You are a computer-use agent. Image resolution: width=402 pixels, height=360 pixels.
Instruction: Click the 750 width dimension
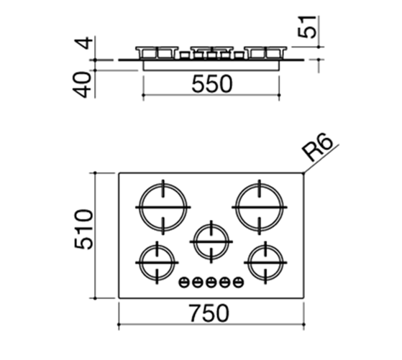click(209, 313)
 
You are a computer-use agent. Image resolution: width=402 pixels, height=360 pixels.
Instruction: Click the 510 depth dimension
click(83, 229)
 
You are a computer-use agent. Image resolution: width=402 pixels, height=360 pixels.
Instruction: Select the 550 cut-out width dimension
click(212, 84)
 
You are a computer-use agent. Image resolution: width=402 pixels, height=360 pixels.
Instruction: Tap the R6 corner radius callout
click(317, 147)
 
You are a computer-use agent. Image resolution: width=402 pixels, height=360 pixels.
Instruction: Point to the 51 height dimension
click(307, 27)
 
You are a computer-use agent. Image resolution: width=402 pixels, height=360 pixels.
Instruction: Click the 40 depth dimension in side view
click(82, 85)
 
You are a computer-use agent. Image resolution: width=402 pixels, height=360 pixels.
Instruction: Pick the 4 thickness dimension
click(85, 43)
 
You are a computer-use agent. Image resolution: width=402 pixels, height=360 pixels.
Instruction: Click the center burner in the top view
click(211, 241)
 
